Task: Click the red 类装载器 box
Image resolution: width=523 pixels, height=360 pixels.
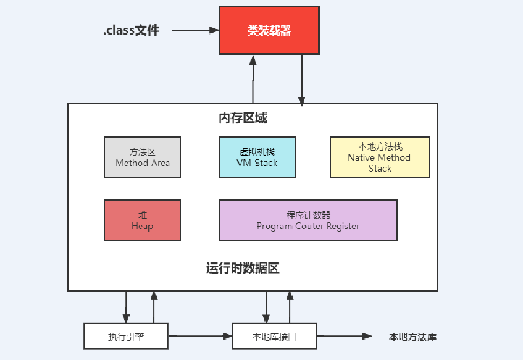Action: pyautogui.click(x=269, y=30)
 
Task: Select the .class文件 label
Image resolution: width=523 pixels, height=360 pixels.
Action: pyautogui.click(x=131, y=30)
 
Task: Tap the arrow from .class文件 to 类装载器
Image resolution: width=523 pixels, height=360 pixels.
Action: pyautogui.click(x=196, y=30)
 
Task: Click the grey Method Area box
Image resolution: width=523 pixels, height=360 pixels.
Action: pyautogui.click(x=142, y=157)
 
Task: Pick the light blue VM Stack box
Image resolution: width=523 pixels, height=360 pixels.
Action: pyautogui.click(x=257, y=157)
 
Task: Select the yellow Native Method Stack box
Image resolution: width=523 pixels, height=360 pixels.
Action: pyautogui.click(x=380, y=157)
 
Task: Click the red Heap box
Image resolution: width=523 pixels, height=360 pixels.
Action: pyautogui.click(x=142, y=220)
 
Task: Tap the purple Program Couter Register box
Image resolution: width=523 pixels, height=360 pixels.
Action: pyautogui.click(x=308, y=220)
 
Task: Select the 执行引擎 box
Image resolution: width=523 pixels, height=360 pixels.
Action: pyautogui.click(x=126, y=337)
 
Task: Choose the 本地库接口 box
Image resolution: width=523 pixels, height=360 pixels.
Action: pyautogui.click(x=274, y=337)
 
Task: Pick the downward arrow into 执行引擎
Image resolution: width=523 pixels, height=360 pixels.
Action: pyautogui.click(x=126, y=307)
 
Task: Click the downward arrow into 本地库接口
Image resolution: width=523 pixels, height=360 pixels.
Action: pyautogui.click(x=266, y=307)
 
